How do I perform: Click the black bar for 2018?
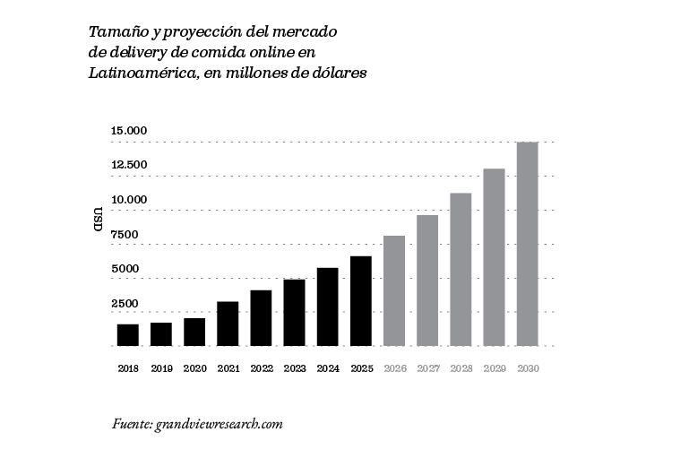128,334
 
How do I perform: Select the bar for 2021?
228,324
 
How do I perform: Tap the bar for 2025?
361,301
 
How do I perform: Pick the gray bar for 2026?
394,290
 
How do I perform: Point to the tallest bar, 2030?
528,244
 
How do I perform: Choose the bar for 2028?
461,269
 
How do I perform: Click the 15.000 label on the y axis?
129,132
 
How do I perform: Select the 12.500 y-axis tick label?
129,166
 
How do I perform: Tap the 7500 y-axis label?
125,235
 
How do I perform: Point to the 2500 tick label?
125,304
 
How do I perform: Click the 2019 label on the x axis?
161,368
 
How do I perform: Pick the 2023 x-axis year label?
295,368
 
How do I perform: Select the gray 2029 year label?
495,368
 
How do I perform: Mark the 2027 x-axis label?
427,368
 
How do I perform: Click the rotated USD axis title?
98,220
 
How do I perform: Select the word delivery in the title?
140,52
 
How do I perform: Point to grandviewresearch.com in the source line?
220,423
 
